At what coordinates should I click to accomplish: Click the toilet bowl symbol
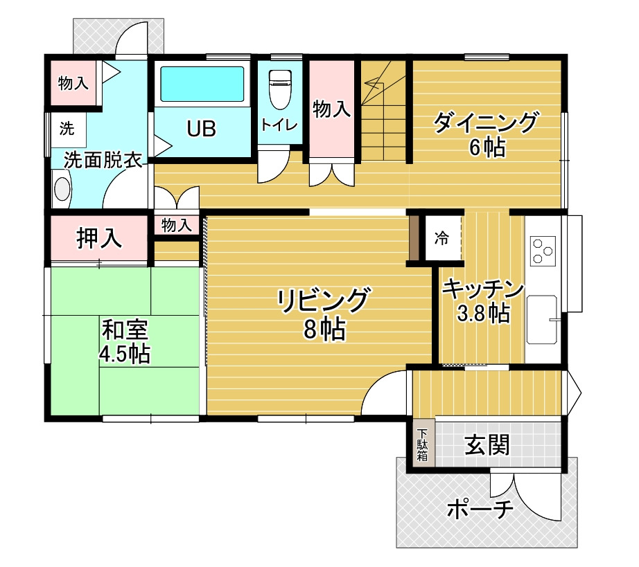coord(281,89)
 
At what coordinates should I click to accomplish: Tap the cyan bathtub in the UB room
coord(202,84)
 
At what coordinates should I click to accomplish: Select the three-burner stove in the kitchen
coord(543,251)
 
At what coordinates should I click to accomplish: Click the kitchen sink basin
coord(541,320)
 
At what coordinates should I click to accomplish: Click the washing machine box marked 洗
coord(68,129)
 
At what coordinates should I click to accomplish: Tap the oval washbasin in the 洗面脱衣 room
coord(62,189)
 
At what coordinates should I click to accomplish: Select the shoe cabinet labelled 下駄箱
coord(423,443)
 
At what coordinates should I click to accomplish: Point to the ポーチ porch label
coord(480,508)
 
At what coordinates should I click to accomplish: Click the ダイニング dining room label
coord(485,122)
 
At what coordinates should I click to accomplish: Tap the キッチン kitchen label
coord(483,289)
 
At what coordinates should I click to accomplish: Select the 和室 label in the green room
coord(125,330)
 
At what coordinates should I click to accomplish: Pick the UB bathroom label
coord(201,129)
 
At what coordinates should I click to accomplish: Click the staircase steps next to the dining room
coord(383,111)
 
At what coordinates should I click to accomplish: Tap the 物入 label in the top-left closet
coord(73,83)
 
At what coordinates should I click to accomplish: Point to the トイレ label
coord(279,124)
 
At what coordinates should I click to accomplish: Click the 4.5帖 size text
coord(125,354)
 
